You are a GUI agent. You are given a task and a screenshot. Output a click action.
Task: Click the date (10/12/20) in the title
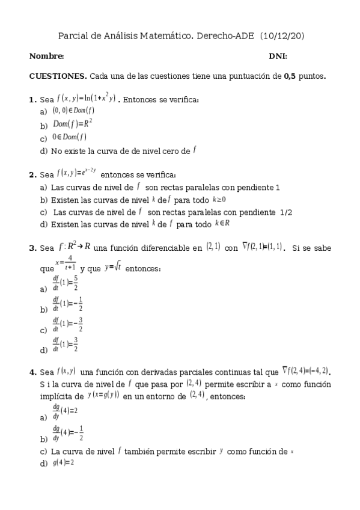pyautogui.click(x=282, y=36)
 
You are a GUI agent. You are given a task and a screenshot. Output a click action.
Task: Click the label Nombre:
pyautogui.click(x=46, y=57)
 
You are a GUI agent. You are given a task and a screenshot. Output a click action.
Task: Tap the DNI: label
pyautogui.click(x=278, y=57)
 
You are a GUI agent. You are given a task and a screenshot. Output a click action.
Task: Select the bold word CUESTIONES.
pyautogui.click(x=58, y=77)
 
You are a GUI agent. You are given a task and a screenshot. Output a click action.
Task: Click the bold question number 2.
pyautogui.click(x=32, y=175)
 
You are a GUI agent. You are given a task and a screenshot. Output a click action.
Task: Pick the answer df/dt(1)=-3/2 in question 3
pyautogui.click(x=67, y=325)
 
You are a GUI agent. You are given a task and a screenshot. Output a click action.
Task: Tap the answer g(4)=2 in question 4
pyautogui.click(x=62, y=462)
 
